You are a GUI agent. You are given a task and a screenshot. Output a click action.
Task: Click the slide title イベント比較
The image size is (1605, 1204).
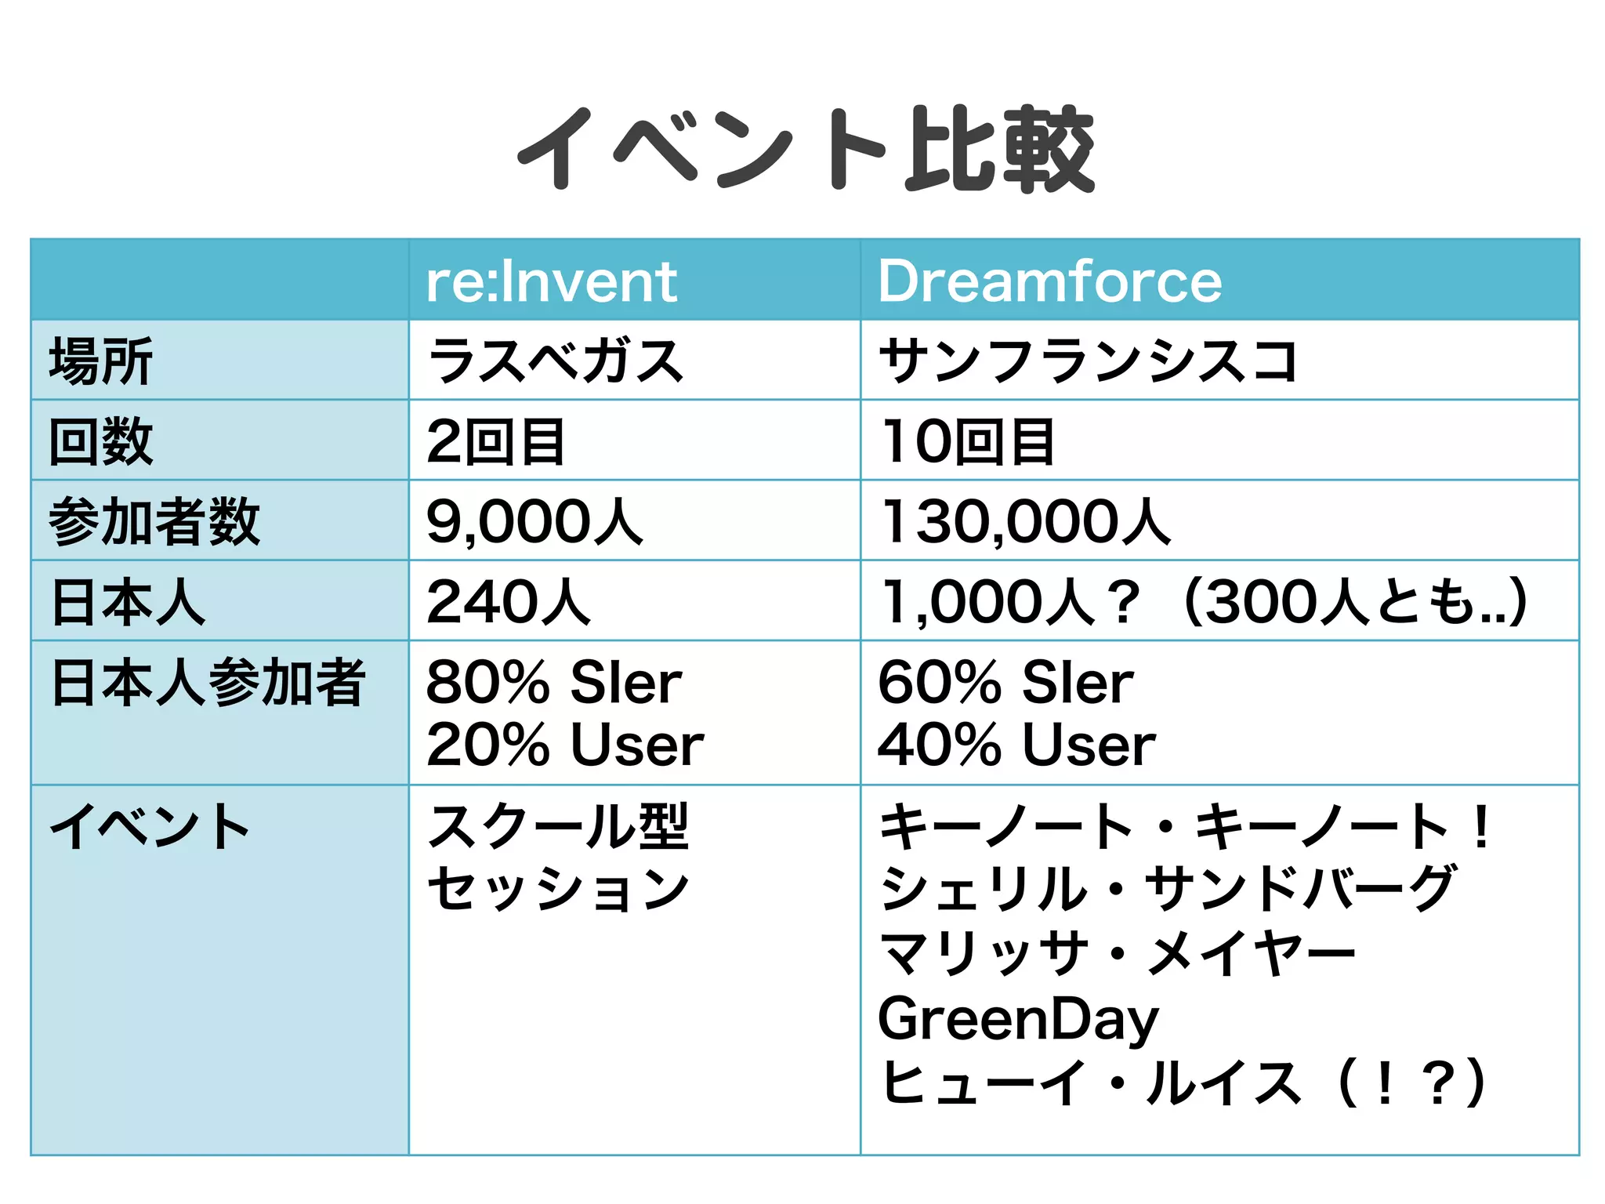(806, 149)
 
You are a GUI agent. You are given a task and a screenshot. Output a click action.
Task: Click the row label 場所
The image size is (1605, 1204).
(101, 361)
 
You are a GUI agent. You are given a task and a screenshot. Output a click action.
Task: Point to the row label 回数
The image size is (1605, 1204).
(101, 441)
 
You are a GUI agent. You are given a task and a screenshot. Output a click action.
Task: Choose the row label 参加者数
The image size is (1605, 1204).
(154, 522)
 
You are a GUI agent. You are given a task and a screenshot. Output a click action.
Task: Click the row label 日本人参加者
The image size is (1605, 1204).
(208, 682)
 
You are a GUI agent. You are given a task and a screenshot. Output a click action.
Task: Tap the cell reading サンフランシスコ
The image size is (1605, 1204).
(1088, 361)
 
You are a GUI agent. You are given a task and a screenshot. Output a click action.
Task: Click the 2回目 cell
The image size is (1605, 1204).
(495, 441)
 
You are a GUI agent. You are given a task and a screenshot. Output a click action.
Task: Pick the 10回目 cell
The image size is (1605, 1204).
(968, 441)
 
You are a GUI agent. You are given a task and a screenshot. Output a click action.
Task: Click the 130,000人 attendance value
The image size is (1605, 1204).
(1026, 522)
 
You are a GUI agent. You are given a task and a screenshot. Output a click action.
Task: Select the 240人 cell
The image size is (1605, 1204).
(508, 602)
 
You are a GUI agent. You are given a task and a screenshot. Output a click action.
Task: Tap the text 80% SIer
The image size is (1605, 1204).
(554, 682)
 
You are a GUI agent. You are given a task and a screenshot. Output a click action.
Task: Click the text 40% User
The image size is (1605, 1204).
(1016, 744)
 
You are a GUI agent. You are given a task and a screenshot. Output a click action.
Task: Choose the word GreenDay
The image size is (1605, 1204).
(1018, 1019)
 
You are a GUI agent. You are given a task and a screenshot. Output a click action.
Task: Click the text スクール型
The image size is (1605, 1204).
(558, 826)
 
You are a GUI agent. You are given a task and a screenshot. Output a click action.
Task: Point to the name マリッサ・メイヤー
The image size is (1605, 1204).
(1117, 954)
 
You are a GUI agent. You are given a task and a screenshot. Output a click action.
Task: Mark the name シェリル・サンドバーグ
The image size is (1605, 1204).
(1168, 890)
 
